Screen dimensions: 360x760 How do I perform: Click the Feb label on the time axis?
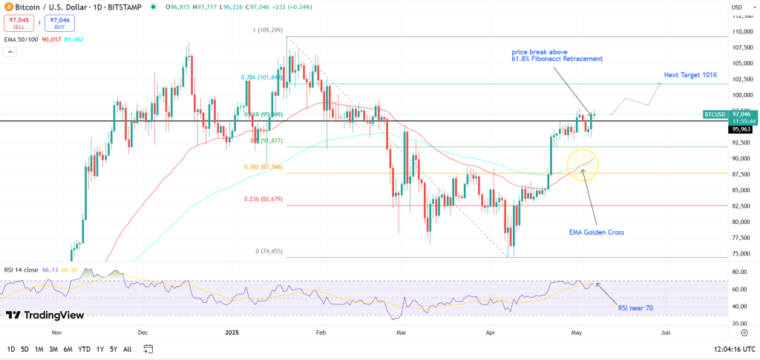(x=321, y=333)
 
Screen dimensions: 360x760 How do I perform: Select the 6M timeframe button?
(x=68, y=349)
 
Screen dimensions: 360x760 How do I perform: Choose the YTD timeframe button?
(x=84, y=349)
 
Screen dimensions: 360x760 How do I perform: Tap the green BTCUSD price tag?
(x=714, y=115)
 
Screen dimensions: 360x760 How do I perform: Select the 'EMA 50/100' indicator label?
(x=19, y=39)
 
